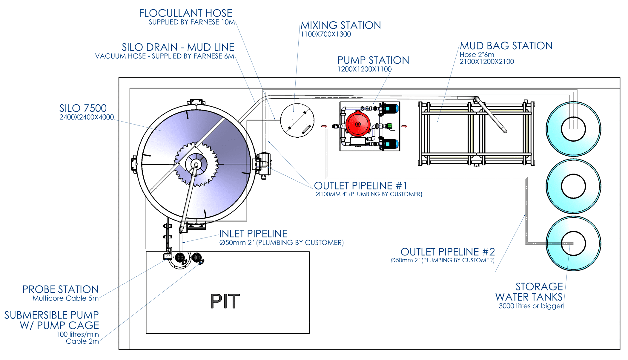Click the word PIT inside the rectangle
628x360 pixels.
pyautogui.click(x=225, y=301)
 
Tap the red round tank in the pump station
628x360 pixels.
pyautogui.click(x=358, y=124)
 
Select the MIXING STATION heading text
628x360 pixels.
pyautogui.click(x=340, y=25)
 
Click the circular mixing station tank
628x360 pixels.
pyautogui.click(x=297, y=120)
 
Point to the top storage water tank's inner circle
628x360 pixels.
pyautogui.click(x=573, y=129)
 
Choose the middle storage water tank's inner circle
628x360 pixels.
pyautogui.click(x=573, y=186)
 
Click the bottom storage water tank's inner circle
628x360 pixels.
pyautogui.click(x=573, y=243)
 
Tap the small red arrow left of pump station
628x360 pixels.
pyautogui.click(x=324, y=126)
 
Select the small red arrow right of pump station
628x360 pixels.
pyautogui.click(x=404, y=126)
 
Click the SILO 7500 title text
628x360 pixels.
pyautogui.click(x=83, y=108)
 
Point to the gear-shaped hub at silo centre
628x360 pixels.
pyautogui.click(x=196, y=164)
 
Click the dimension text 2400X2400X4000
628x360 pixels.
pyautogui.click(x=87, y=117)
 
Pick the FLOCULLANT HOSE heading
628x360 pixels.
pyautogui.click(x=185, y=13)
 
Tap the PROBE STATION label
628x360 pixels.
pyautogui.click(x=60, y=289)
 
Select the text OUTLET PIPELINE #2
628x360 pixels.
pyautogui.click(x=447, y=252)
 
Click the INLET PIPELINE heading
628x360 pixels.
pyautogui.click(x=253, y=234)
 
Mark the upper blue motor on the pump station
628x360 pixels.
pyautogui.click(x=390, y=108)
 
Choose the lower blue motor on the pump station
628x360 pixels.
pyautogui.click(x=390, y=144)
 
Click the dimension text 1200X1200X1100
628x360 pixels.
pyautogui.click(x=364, y=69)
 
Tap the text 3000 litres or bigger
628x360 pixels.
pyautogui.click(x=530, y=306)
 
